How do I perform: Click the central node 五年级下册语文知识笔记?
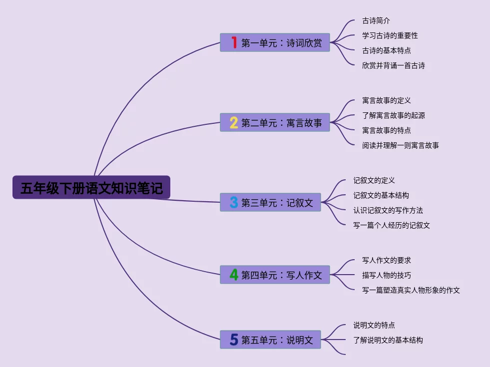(x=91, y=187)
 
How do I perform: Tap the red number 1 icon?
(x=234, y=42)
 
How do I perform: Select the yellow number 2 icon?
(x=234, y=122)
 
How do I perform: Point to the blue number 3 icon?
(x=234, y=202)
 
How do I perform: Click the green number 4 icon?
(x=234, y=275)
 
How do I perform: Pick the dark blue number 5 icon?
(x=234, y=340)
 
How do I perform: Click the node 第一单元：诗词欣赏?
(x=275, y=42)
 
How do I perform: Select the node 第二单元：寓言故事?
(x=275, y=122)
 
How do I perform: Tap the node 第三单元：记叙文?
(x=271, y=202)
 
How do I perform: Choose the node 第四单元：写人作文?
(x=275, y=275)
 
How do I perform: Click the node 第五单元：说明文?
(x=271, y=340)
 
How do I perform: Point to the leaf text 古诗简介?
(x=376, y=20)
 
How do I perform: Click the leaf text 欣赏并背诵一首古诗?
(x=394, y=65)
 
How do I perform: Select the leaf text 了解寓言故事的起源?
(x=394, y=115)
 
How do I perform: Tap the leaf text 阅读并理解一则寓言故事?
(x=400, y=145)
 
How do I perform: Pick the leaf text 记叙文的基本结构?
(x=381, y=196)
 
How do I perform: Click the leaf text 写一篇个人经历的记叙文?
(x=392, y=226)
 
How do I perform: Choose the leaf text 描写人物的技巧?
(x=387, y=275)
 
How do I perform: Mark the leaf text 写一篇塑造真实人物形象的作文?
(x=411, y=290)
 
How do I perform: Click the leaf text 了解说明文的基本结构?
(x=388, y=340)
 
